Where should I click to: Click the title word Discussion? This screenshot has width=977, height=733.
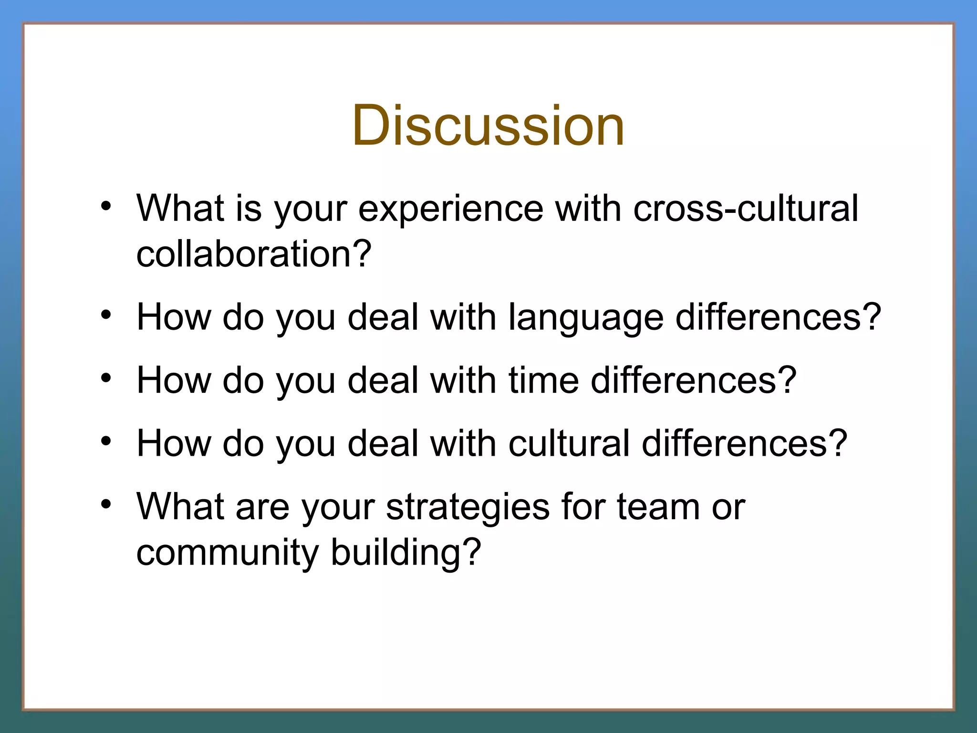click(488, 126)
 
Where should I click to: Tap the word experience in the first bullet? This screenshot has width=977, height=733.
click(450, 209)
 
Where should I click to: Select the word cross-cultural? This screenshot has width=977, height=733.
click(745, 209)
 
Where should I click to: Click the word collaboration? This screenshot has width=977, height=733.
click(254, 253)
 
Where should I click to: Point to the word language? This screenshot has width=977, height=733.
click(586, 317)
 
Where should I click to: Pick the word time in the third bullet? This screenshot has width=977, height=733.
click(543, 380)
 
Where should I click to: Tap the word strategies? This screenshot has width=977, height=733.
click(468, 507)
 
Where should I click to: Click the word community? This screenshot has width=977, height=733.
click(228, 552)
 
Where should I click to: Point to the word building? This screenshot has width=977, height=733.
click(406, 552)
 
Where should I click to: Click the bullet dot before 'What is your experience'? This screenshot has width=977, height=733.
click(106, 206)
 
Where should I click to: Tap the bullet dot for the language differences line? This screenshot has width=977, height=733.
click(106, 315)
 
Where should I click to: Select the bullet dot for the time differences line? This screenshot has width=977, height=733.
click(106, 378)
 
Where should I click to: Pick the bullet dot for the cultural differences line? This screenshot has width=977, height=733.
click(106, 441)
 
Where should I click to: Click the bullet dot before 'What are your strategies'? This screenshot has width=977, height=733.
click(106, 504)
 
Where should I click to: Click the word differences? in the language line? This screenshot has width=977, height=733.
click(778, 317)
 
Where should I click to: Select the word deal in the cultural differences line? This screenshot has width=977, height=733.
click(383, 443)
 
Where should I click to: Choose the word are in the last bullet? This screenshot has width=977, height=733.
click(262, 507)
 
